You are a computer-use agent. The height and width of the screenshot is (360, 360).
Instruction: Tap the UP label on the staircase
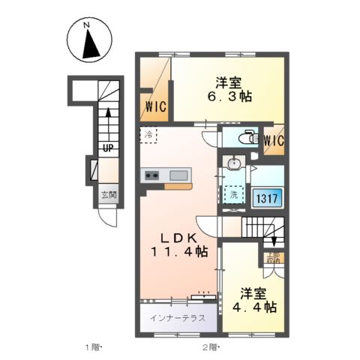pos(108,148)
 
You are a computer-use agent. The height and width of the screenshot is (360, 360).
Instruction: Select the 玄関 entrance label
pos(109,196)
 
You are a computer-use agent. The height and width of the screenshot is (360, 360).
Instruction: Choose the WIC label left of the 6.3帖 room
pos(154,106)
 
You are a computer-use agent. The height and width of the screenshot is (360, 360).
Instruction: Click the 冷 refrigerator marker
pos(148,135)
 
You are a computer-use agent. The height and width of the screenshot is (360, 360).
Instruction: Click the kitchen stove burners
pos(151,176)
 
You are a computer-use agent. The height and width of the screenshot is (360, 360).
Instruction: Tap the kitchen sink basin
pos(180,176)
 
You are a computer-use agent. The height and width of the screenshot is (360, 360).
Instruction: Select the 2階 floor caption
pos(208,347)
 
